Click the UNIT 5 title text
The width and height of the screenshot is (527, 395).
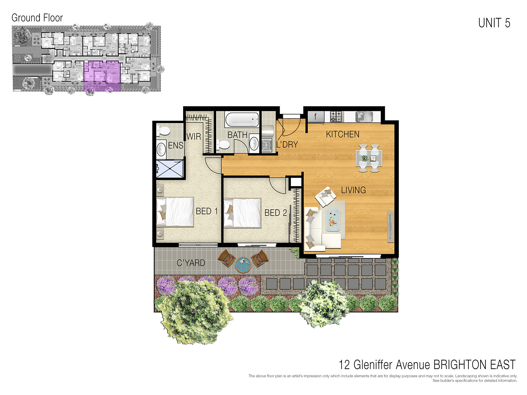click(494, 23)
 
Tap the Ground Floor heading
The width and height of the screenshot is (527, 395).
click(37, 18)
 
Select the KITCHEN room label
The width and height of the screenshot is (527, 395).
click(343, 134)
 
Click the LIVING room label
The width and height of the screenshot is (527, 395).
click(353, 190)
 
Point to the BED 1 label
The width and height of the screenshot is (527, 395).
click(207, 211)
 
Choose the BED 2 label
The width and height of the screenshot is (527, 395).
click(275, 213)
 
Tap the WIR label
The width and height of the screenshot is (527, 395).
click(193, 136)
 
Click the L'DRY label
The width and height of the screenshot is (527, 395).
click(287, 145)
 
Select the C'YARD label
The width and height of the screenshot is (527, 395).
click(191, 263)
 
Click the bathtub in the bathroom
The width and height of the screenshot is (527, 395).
click(242, 120)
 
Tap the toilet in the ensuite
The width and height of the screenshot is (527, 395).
click(163, 131)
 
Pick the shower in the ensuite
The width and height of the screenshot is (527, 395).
click(170, 169)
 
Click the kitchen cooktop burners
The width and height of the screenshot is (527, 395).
click(337, 116)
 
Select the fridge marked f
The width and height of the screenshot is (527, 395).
click(316, 116)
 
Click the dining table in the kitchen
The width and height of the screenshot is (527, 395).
click(369, 158)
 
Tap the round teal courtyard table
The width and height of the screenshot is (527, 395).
click(243, 264)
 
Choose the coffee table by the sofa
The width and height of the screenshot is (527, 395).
click(333, 220)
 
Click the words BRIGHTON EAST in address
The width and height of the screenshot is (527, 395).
click(474, 365)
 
